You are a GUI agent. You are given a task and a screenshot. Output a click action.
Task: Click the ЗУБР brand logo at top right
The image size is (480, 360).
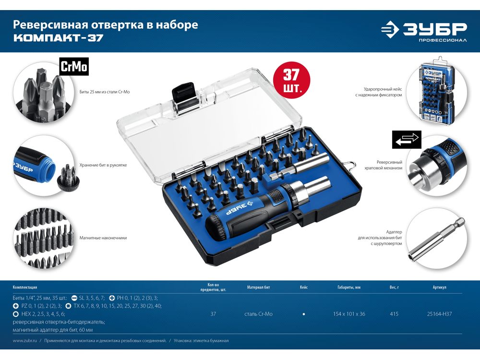coord(424,31)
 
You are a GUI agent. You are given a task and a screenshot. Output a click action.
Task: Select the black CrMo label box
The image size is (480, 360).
coord(74,66)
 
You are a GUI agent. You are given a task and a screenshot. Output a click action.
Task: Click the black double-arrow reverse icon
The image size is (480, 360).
coord(407,140)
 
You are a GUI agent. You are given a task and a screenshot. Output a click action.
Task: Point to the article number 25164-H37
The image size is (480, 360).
coord(439,314)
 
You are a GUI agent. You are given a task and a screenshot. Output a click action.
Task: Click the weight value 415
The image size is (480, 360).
coord(394,314)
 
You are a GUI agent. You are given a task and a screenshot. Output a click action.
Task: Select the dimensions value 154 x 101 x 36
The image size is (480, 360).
coord(349,314)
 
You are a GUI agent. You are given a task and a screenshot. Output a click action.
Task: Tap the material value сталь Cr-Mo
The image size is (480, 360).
coord(258,314)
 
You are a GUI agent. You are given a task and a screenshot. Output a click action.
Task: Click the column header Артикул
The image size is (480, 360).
coord(439,287)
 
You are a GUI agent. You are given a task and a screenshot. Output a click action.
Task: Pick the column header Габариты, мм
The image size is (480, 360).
coord(349,287)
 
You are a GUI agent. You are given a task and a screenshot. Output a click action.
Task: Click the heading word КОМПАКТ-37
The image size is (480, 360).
coord(59,38)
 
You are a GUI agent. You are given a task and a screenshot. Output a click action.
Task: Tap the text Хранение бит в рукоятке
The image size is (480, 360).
coord(103,165)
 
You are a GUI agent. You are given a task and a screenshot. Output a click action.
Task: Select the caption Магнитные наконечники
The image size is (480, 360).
coord(103,238)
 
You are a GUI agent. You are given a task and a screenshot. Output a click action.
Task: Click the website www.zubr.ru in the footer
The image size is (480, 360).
coord(25,340)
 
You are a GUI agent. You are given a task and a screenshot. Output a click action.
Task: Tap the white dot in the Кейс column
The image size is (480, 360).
coord(304,314)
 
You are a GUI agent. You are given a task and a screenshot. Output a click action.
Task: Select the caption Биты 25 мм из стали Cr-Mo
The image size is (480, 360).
coord(105,92)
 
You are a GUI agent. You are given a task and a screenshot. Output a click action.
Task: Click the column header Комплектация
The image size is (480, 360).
coord(25,287)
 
